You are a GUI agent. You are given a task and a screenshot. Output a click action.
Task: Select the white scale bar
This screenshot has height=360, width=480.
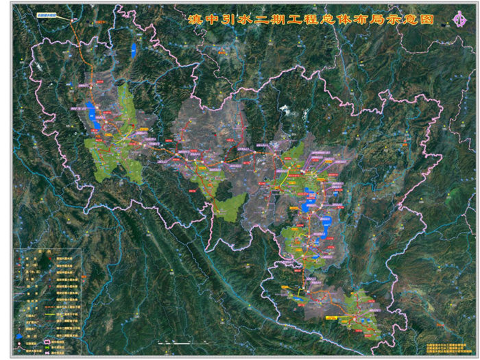pyautogui.click(x=176, y=341)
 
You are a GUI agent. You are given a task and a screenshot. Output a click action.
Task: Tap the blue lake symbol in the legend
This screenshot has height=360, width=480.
pyautogui.click(x=18, y=335)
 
